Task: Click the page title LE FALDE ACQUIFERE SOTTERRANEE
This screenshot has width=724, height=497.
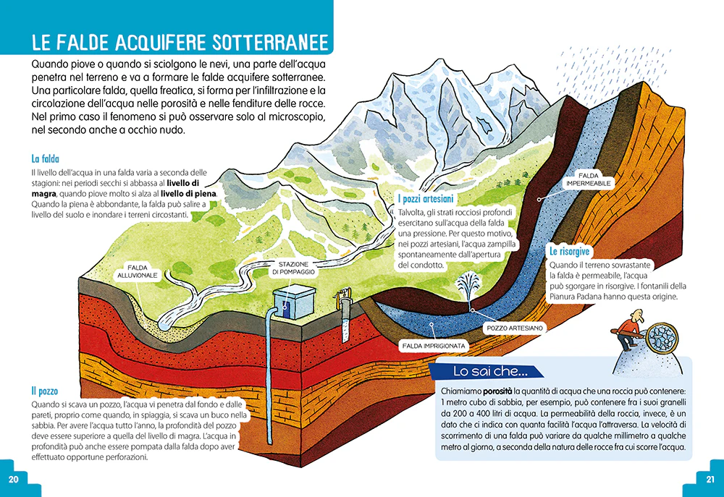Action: click(x=180, y=43)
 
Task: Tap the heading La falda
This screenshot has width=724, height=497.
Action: click(x=45, y=158)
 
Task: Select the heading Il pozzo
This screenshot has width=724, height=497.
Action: click(x=45, y=391)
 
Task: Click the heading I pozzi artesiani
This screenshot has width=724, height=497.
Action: click(x=426, y=199)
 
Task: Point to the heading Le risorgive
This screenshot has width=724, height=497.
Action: click(x=569, y=252)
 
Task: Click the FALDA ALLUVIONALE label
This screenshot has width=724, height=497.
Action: click(x=137, y=271)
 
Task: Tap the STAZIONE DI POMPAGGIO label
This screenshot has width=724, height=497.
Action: click(x=293, y=268)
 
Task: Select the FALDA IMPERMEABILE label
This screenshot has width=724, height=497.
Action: click(x=588, y=179)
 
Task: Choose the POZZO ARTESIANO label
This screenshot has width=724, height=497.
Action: click(x=514, y=328)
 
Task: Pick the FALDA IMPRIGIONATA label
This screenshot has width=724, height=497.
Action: click(x=434, y=346)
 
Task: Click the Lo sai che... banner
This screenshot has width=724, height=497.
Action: click(x=486, y=371)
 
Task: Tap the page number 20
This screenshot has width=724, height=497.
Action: click(x=13, y=479)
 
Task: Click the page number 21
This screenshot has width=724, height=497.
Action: click(x=710, y=479)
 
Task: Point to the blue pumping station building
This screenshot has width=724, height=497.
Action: click(x=294, y=302)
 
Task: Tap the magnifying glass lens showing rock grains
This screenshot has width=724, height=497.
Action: click(x=662, y=338)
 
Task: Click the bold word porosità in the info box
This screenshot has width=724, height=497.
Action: click(x=497, y=391)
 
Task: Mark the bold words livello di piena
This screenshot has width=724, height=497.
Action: click(x=188, y=194)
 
